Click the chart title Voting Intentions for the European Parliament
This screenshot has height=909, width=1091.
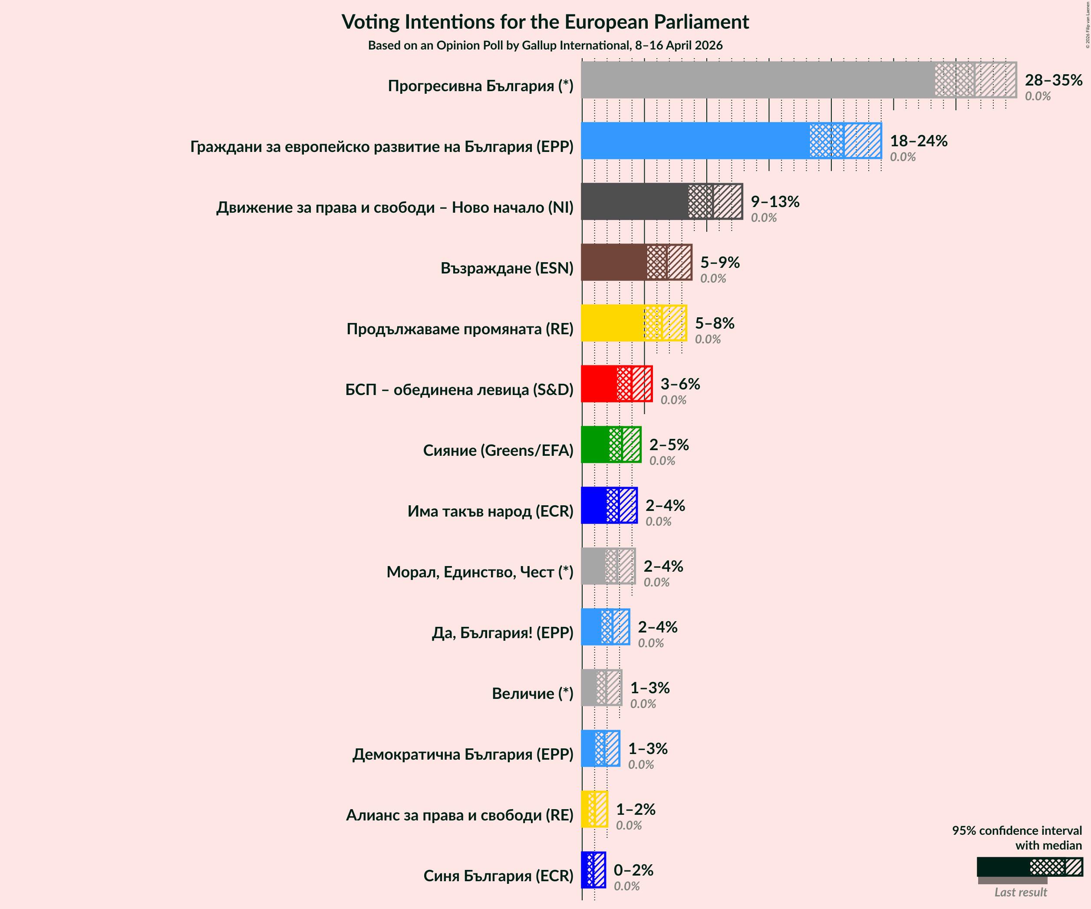[545, 22]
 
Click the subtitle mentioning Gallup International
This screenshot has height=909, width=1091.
[545, 45]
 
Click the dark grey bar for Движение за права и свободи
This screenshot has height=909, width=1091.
[634, 201]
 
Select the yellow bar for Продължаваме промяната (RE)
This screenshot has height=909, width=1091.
[613, 323]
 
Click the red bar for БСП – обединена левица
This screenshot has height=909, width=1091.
[599, 383]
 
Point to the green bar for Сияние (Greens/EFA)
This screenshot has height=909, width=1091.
[595, 444]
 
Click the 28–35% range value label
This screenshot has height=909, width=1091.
[1053, 80]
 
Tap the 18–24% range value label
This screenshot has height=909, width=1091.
[919, 141]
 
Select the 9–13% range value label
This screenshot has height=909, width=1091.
[775, 201]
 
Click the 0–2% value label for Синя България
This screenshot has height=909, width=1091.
[633, 870]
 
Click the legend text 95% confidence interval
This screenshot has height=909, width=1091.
[1016, 830]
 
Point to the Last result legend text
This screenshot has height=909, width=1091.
[1020, 893]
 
